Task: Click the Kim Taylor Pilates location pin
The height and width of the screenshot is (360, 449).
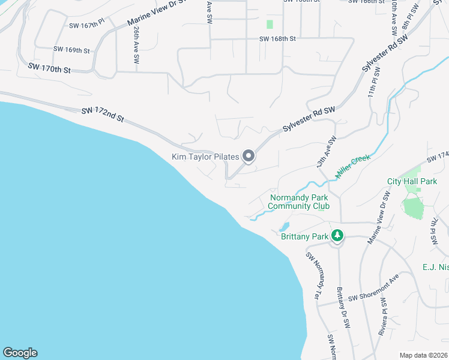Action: [249, 157]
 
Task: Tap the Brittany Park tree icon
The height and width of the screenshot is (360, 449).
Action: [337, 236]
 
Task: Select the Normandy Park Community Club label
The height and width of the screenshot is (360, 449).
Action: [300, 202]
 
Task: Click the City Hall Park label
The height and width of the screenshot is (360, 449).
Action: [412, 181]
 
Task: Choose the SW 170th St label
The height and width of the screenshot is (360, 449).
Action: [49, 67]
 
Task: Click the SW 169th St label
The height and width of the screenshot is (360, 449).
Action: [71, 50]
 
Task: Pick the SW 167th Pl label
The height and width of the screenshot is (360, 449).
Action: [87, 25]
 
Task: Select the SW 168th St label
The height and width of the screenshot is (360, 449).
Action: [278, 39]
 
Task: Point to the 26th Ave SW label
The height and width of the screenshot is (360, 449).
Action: [137, 46]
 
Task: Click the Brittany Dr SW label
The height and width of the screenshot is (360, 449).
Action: [343, 307]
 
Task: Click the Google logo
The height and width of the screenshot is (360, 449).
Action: [20, 353]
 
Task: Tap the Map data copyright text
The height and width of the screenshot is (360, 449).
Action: [423, 355]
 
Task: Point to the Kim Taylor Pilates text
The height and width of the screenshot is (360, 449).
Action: [206, 157]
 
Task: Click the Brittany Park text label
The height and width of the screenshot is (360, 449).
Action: [305, 236]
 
